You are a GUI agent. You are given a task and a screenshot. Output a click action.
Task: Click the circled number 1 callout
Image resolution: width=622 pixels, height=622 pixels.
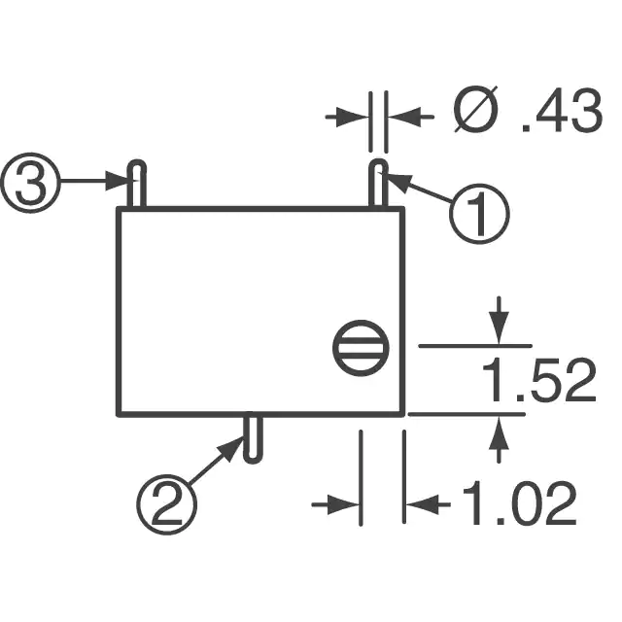click(479, 214)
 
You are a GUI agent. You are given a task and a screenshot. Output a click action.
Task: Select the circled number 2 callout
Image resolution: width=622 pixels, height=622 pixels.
click(166, 504)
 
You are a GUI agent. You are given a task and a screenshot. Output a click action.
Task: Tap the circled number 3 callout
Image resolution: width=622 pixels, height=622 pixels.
click(30, 183)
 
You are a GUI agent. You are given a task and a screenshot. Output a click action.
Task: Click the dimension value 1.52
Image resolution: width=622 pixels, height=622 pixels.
click(539, 380)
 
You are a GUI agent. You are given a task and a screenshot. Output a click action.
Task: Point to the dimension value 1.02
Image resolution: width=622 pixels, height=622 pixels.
click(519, 502)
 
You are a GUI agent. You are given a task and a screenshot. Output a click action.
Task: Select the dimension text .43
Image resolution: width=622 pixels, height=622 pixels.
click(562, 111)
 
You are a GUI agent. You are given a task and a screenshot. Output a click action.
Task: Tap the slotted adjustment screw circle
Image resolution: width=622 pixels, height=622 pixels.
click(361, 348)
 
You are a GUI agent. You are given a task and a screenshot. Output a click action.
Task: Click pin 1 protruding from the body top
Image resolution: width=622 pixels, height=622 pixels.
click(378, 184)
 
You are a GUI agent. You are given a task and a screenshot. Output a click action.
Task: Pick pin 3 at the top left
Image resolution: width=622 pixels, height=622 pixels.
click(136, 184)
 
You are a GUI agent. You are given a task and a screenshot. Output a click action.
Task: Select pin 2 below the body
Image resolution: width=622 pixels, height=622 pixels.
click(253, 439)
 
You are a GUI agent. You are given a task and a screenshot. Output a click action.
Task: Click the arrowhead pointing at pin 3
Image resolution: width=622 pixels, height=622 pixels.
click(118, 181)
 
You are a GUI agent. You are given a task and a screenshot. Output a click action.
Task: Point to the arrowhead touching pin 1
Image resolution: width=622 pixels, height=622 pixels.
click(394, 181)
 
